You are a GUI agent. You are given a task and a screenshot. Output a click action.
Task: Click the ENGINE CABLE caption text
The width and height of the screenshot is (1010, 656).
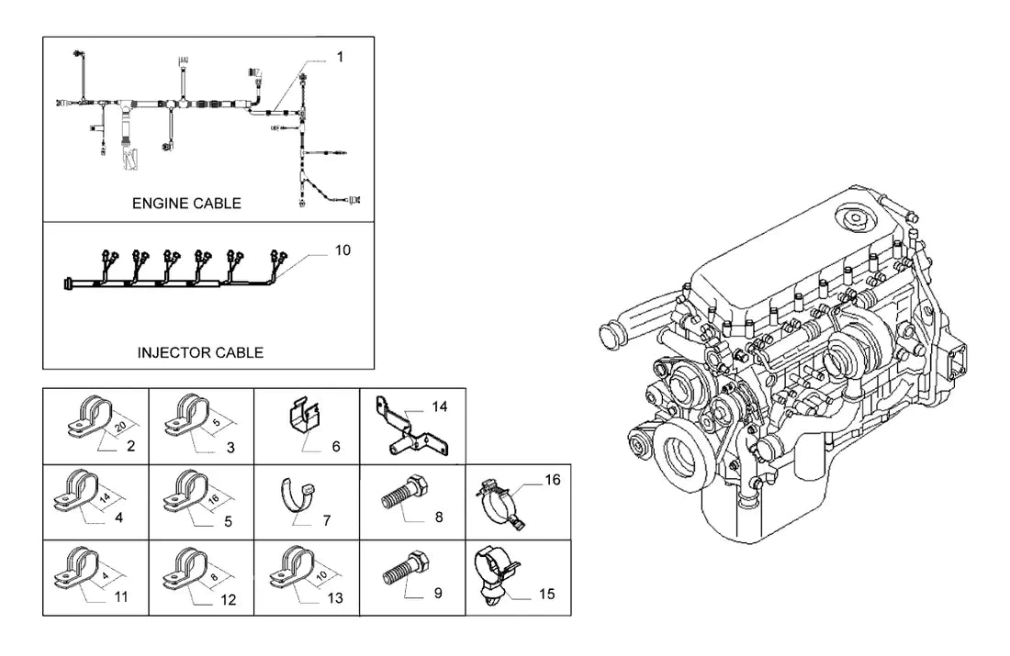click(x=186, y=204)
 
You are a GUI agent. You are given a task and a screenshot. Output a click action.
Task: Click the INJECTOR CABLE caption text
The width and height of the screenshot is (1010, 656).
click(x=200, y=353)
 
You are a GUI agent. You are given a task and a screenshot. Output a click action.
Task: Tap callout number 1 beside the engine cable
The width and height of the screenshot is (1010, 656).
click(x=340, y=57)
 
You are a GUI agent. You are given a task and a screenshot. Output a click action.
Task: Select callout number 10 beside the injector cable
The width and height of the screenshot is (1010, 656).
click(x=342, y=250)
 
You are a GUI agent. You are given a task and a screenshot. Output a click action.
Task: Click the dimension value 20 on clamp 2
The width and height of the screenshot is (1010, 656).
click(x=120, y=427)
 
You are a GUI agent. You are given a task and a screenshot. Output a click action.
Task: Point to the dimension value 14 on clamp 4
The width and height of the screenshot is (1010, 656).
click(x=105, y=497)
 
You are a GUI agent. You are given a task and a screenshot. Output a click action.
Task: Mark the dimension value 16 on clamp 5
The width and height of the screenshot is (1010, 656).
click(x=214, y=498)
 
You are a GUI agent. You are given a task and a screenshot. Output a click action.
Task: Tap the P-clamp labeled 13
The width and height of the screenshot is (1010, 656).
click(x=291, y=567)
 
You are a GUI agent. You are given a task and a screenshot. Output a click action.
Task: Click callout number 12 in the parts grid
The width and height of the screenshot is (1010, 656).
click(x=229, y=600)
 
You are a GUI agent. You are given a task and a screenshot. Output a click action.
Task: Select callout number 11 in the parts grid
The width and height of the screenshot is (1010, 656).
click(x=121, y=596)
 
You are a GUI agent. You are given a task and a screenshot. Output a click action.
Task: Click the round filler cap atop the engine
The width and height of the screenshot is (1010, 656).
click(x=854, y=218)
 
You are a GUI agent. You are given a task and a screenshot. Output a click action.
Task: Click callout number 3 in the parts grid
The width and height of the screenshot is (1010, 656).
click(x=230, y=448)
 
